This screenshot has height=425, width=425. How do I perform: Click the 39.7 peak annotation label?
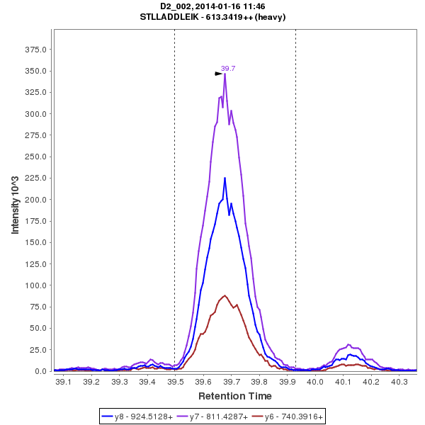pyautogui.click(x=228, y=69)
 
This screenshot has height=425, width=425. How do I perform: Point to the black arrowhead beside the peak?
pyautogui.click(x=219, y=73)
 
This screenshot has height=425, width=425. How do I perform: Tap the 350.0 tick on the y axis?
pyautogui.click(x=36, y=71)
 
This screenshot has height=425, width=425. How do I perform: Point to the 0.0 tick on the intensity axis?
pyautogui.click(x=41, y=371)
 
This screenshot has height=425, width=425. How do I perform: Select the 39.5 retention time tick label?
pyautogui.click(x=175, y=382)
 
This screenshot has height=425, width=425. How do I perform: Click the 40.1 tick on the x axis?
pyautogui.click(x=344, y=382)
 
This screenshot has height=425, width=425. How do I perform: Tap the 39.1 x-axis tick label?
pyautogui.click(x=63, y=382)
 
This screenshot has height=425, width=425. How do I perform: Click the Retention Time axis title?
pyautogui.click(x=234, y=396)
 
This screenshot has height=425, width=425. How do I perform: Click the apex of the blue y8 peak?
pyautogui.click(x=225, y=178)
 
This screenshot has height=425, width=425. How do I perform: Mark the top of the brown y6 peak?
pyautogui.click(x=225, y=295)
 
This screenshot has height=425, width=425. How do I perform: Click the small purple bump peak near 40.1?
pyautogui.click(x=348, y=344)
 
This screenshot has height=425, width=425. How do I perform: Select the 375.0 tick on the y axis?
pyautogui.click(x=36, y=50)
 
